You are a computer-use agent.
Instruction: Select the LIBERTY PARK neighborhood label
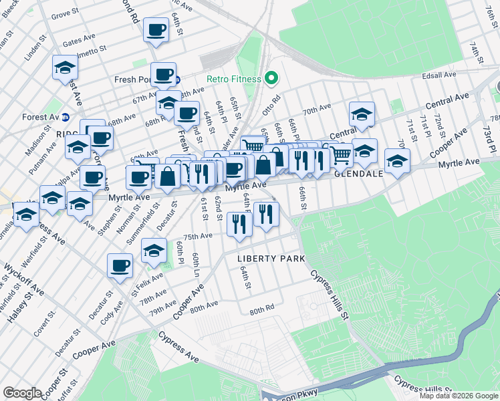(271, 259)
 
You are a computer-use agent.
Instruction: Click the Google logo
(22, 393)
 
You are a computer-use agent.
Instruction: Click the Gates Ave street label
(76, 42)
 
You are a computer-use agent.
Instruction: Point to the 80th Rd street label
(262, 310)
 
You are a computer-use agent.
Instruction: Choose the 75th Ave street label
(198, 236)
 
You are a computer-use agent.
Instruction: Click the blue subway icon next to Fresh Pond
(177, 80)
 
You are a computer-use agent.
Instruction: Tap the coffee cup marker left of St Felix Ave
(120, 265)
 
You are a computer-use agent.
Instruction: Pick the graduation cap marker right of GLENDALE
(397, 162)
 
